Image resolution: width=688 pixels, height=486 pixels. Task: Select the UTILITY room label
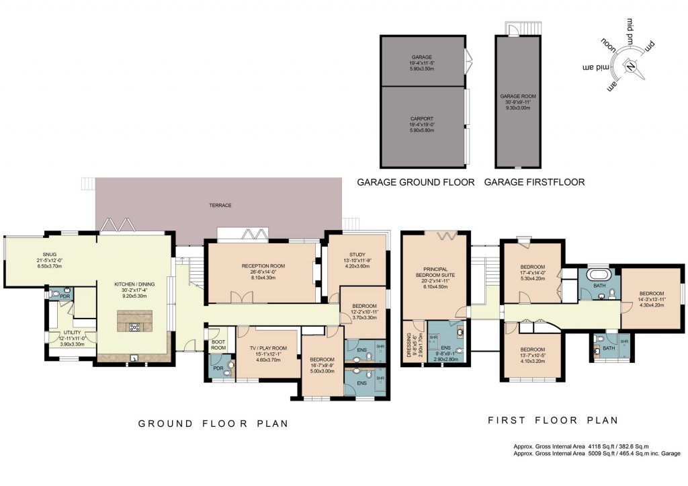point(72,332)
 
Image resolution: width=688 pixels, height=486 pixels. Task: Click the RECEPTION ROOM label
point(263,266)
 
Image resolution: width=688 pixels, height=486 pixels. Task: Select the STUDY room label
point(357,254)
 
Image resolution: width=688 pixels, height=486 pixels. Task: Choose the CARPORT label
point(423,118)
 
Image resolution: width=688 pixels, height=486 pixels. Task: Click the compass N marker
point(631,66)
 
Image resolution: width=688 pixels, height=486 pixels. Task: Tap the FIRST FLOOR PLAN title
point(552,420)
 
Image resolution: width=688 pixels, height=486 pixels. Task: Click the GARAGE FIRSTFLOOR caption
point(534,182)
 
